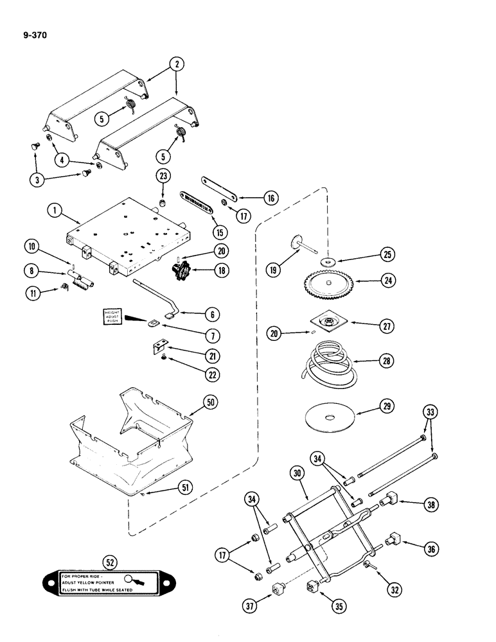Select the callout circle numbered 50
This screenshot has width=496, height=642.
click(x=210, y=403)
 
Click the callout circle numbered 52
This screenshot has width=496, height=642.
click(x=111, y=562)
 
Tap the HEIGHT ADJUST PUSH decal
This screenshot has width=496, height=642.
click(x=115, y=318)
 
